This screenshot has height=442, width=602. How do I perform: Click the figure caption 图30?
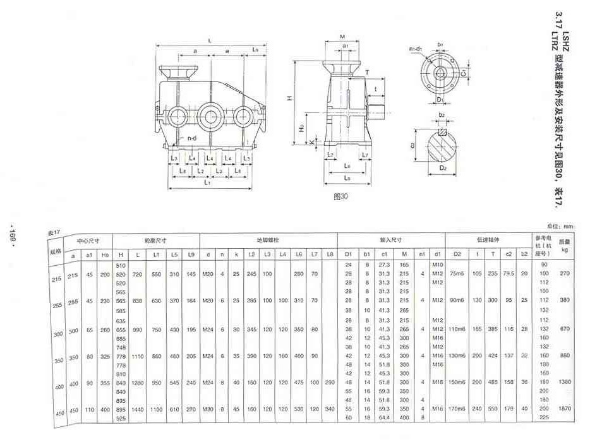340,196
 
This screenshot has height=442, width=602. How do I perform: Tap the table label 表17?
54,233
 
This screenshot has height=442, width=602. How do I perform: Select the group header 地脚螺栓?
268,240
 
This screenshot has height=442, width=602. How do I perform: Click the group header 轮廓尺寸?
156,240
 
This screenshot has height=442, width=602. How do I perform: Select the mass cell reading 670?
564,328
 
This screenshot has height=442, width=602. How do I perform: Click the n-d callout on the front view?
191,138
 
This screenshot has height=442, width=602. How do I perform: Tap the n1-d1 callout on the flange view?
414,49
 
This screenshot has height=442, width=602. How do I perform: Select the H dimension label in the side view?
288,99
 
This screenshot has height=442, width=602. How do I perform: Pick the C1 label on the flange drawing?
463,73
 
